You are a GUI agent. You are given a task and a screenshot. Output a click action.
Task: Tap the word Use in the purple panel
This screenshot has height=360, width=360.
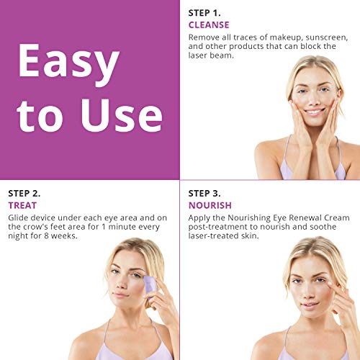(x=122, y=115)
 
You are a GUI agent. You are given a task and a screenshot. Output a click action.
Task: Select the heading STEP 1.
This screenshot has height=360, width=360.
(x=204, y=13)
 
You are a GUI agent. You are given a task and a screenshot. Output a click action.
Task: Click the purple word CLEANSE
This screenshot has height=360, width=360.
(x=209, y=25)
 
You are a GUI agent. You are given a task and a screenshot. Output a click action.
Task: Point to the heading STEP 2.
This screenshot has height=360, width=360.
(x=24, y=194)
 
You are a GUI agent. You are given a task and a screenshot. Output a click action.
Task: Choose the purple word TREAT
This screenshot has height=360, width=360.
(x=22, y=205)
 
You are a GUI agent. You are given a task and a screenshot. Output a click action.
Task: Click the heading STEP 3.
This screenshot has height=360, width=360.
(x=204, y=194)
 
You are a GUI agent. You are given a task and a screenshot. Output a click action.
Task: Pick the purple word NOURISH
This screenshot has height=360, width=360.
(x=210, y=205)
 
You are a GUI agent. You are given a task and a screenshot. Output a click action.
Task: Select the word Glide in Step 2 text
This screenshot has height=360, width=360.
(x=18, y=218)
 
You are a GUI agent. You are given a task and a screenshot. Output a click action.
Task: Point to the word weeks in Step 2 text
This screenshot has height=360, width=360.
(x=64, y=236)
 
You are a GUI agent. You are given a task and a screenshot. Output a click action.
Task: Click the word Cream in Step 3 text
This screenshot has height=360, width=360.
(x=337, y=218)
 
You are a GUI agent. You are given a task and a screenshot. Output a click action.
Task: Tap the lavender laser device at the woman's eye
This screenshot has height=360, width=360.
(x=150, y=284)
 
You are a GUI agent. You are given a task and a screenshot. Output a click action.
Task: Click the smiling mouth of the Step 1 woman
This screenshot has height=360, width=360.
(x=314, y=112)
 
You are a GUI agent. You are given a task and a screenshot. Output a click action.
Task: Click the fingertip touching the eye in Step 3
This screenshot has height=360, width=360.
(x=330, y=284)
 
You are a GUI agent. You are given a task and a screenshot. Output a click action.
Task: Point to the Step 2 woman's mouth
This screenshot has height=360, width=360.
(x=121, y=294)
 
